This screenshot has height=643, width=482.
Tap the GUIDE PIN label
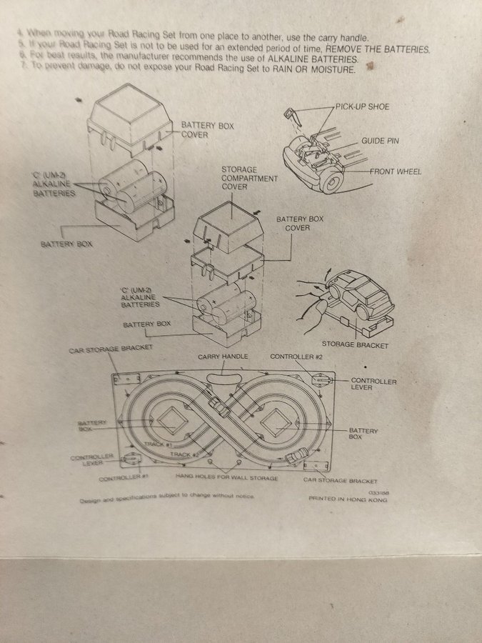pyautogui.click(x=380, y=141)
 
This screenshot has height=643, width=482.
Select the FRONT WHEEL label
pyautogui.click(x=396, y=171)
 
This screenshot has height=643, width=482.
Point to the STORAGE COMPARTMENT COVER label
pyautogui.click(x=249, y=177)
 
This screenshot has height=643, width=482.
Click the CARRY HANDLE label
pyautogui.click(x=222, y=356)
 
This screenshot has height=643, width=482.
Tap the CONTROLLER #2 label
pyautogui.click(x=296, y=356)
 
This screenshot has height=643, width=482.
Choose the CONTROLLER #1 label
pyautogui.click(x=123, y=477)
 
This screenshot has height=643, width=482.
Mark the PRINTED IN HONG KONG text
pyautogui.click(x=348, y=500)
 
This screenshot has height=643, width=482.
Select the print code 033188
pyautogui.click(x=378, y=493)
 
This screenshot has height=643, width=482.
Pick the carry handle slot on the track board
pyautogui.click(x=224, y=372)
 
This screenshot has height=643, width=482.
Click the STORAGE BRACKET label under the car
pyautogui.click(x=355, y=345)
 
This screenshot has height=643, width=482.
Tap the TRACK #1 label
pyautogui.click(x=159, y=444)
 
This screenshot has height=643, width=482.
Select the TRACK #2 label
pyautogui.click(x=184, y=454)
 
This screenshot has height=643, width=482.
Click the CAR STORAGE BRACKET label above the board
pyautogui.click(x=111, y=350)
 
